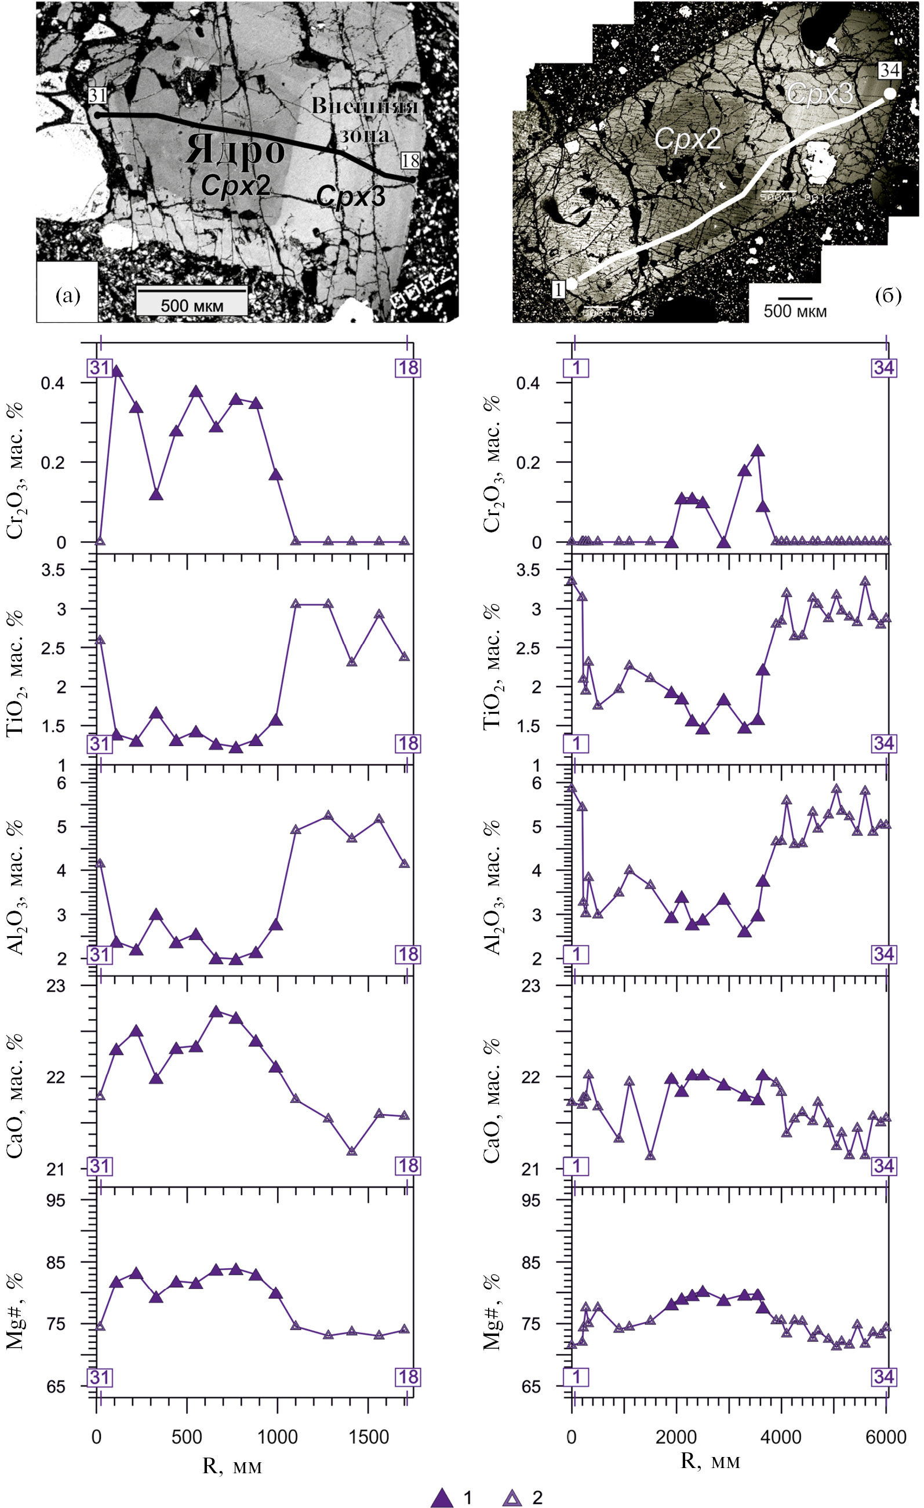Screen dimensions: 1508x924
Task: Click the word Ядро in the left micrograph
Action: click(x=235, y=150)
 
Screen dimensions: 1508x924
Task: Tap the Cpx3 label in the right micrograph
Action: click(x=819, y=94)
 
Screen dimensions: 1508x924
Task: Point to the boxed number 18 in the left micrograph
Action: click(x=410, y=161)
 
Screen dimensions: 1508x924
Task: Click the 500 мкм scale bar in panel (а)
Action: click(x=192, y=300)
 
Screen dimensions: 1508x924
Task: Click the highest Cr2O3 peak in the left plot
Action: click(x=117, y=371)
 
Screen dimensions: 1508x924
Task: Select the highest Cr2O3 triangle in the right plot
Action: click(x=758, y=451)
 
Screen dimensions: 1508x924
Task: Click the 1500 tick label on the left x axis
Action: click(x=369, y=1436)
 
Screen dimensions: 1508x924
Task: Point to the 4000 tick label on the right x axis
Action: click(x=781, y=1436)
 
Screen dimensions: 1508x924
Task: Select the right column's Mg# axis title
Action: click(x=492, y=1312)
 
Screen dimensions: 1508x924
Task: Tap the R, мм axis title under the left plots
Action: click(x=232, y=1466)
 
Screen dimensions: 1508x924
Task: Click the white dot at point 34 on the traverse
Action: click(x=890, y=94)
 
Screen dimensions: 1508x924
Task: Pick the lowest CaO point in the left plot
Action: click(x=351, y=1151)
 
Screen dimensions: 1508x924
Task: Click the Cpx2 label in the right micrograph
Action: click(x=687, y=139)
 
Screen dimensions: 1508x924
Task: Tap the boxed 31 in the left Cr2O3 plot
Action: click(x=100, y=367)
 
